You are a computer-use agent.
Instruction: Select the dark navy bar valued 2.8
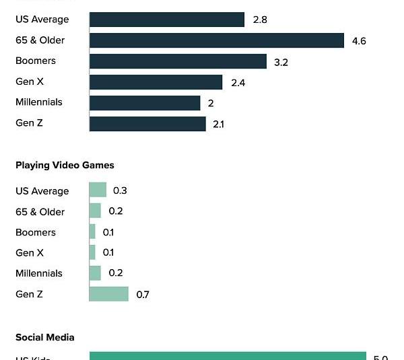[x=166, y=20]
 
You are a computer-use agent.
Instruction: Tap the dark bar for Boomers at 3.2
[x=178, y=61]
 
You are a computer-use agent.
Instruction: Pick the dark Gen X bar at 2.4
[x=156, y=82]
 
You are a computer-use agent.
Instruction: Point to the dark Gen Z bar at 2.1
[x=147, y=124]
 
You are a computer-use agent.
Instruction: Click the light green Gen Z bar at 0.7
[x=108, y=294]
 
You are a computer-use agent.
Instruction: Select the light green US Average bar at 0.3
[x=98, y=190]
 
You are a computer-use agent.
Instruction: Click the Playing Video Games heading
[x=65, y=165]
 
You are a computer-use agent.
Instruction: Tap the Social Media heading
[x=44, y=337]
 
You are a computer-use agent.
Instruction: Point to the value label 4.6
[x=359, y=41]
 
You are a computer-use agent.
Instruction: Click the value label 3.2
[x=281, y=62]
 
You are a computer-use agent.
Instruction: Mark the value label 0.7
[x=143, y=295]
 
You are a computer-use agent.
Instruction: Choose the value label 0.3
[x=120, y=190]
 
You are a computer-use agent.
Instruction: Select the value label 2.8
[x=260, y=20]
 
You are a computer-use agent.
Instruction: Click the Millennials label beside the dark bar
[x=39, y=102]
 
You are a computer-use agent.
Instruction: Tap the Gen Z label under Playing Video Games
[x=30, y=294]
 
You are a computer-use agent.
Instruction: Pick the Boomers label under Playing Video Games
[x=36, y=232]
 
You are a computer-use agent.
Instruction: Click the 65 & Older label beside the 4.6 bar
[x=40, y=40]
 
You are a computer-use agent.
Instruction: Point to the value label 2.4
[x=238, y=83]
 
